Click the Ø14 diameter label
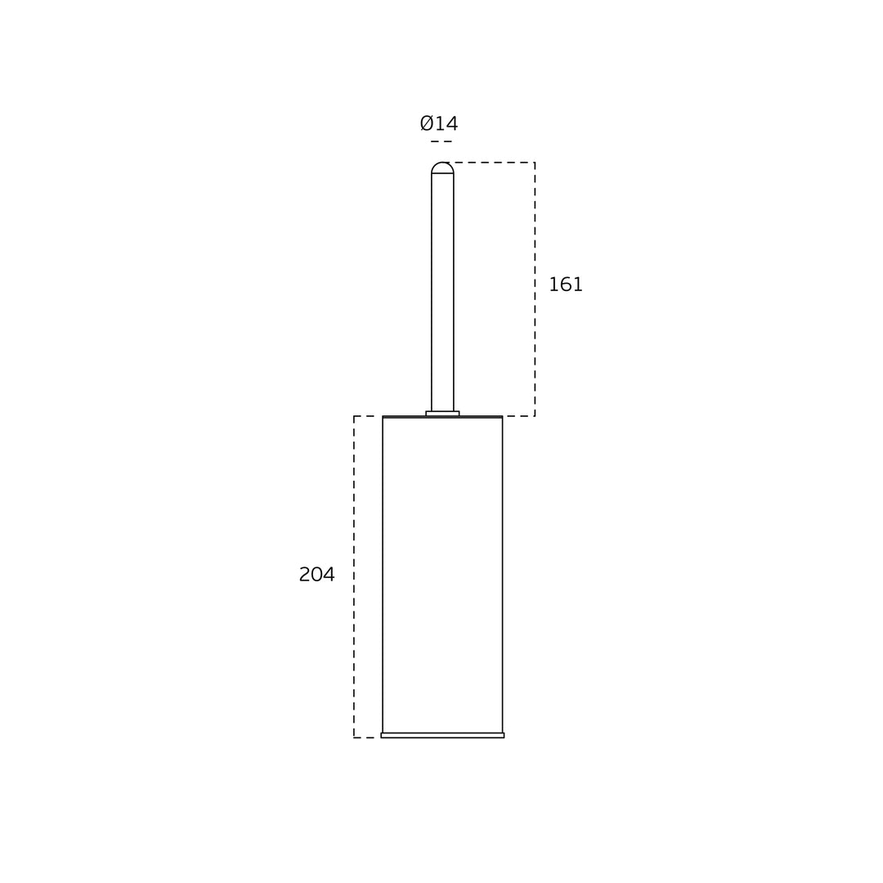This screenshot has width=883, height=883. click(x=439, y=123)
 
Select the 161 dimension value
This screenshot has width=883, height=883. click(x=566, y=285)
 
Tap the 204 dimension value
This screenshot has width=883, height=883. click(x=316, y=575)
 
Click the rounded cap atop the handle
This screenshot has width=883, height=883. click(x=442, y=168)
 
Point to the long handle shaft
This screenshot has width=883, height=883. click(x=442, y=292)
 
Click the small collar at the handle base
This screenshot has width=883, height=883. click(x=442, y=414)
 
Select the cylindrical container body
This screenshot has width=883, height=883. click(x=442, y=575)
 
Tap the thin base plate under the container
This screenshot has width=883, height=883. click(x=442, y=736)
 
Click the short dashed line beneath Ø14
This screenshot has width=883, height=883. click(x=441, y=141)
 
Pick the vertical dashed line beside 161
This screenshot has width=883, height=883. click(x=535, y=289)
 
